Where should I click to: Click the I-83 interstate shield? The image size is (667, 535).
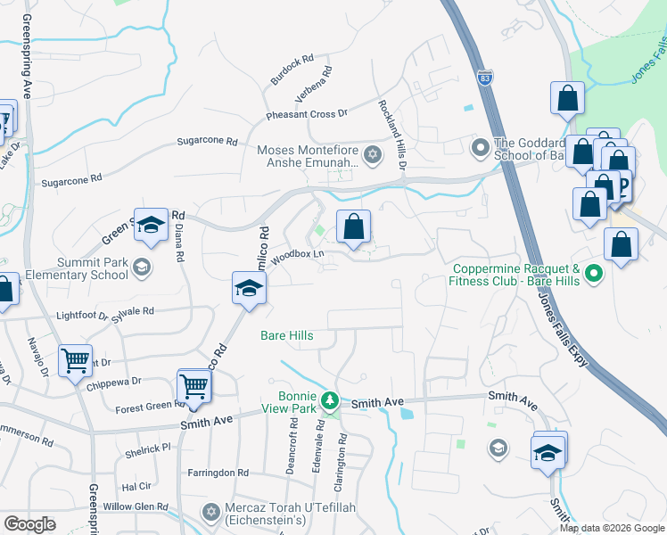click(x=484, y=78)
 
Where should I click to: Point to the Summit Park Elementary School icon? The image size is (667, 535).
click(x=141, y=267)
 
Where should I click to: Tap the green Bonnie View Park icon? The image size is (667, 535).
click(x=330, y=399)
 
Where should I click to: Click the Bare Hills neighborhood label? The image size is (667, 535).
click(x=286, y=335)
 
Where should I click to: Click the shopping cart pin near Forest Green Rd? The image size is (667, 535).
click(x=194, y=386)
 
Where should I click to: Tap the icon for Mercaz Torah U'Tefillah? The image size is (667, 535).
click(x=210, y=512)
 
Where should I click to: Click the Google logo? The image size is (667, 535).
click(x=29, y=524)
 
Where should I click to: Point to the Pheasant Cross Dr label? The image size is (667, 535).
click(x=306, y=115)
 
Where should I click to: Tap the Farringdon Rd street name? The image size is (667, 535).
click(x=218, y=473)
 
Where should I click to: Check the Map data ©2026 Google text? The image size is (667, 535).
click(x=612, y=528)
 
